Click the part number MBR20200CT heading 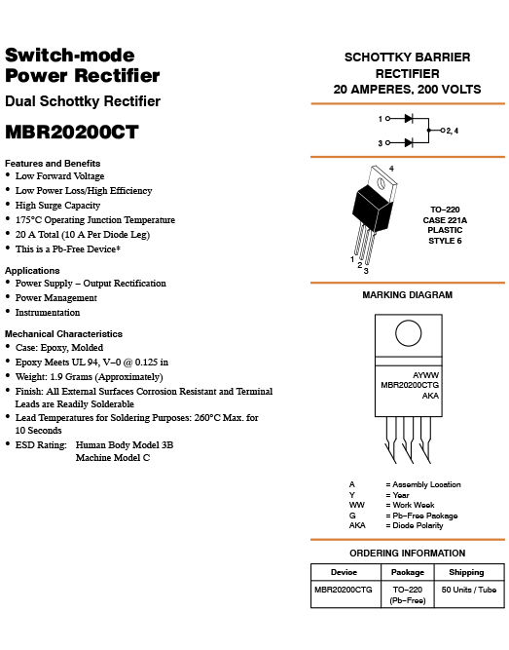72,133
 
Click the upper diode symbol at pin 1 409,119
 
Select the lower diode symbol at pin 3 409,143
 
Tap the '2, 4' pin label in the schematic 453,131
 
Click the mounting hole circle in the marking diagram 409,333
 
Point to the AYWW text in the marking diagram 425,375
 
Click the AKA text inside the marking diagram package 430,396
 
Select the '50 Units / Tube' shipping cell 469,590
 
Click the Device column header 344,572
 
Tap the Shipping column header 466,572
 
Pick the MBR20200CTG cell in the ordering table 344,590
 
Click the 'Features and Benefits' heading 53,164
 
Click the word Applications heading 32,271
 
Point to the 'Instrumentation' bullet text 48,313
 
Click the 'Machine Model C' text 113,458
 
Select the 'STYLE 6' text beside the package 445,241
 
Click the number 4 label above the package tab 391,169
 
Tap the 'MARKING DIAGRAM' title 408,295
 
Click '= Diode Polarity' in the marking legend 415,525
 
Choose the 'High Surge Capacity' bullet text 58,206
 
